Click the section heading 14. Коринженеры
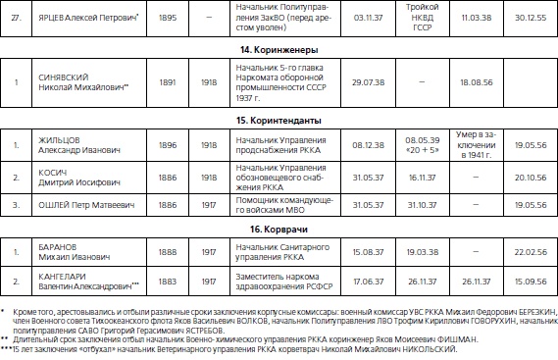point(279,48)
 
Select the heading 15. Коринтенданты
point(279,119)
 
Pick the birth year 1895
point(168,18)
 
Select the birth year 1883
point(168,281)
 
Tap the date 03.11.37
point(337,18)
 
